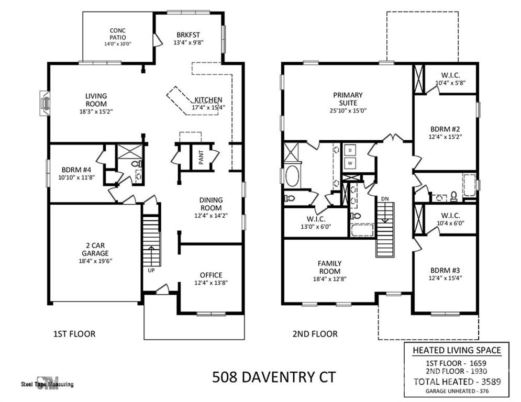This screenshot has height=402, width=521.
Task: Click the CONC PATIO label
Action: point(117,34)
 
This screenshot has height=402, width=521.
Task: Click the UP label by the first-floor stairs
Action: point(150,270)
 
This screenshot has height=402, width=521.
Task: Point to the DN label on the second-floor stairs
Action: point(384,198)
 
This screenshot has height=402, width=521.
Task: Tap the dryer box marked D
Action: point(349,150)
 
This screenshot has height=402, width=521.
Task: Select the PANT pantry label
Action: point(201,155)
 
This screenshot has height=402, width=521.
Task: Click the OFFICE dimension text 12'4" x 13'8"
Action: point(210,283)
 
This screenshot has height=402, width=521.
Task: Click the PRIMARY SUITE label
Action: point(348,98)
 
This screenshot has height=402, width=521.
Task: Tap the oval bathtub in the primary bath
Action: point(292,176)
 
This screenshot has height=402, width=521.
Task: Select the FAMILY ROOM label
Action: point(329,267)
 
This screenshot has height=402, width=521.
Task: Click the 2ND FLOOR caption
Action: point(315,333)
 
